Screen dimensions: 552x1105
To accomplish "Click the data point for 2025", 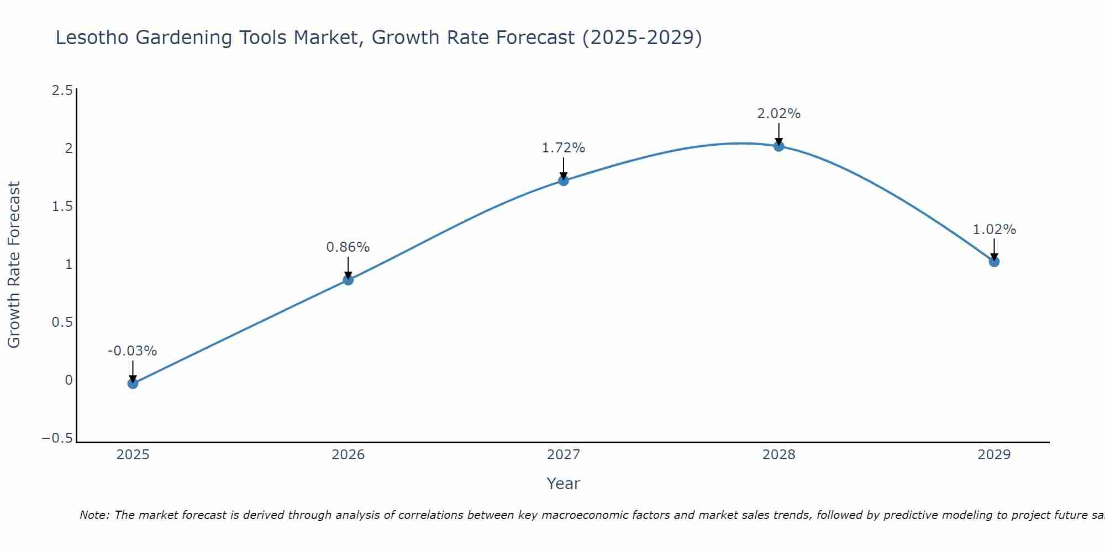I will point(133,383).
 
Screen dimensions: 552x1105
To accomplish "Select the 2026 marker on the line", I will point(348,280).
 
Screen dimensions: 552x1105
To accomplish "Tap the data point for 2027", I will point(564,181).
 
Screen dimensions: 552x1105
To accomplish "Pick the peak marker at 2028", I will point(779,146).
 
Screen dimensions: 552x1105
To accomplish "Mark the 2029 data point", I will point(994,262).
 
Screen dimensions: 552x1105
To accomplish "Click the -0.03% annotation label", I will point(132,351).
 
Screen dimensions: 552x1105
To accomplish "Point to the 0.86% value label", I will point(348,247).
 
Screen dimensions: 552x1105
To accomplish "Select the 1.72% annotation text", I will point(563,148).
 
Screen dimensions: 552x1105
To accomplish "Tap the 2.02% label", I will point(778,114).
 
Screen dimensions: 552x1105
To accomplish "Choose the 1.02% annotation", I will point(994,230).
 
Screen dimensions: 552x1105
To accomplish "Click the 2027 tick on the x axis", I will point(564,455).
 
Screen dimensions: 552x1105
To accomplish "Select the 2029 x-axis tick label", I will point(994,455).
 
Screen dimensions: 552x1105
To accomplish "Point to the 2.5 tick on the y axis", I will point(62,91).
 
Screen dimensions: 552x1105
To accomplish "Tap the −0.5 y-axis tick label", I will point(57,438).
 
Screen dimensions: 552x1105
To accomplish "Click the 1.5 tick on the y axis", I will point(62,206).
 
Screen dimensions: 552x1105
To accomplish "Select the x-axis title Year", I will point(563,484).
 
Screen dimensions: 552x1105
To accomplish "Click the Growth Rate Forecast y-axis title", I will point(14,264).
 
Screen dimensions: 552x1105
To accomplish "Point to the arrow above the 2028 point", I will point(779,134).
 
